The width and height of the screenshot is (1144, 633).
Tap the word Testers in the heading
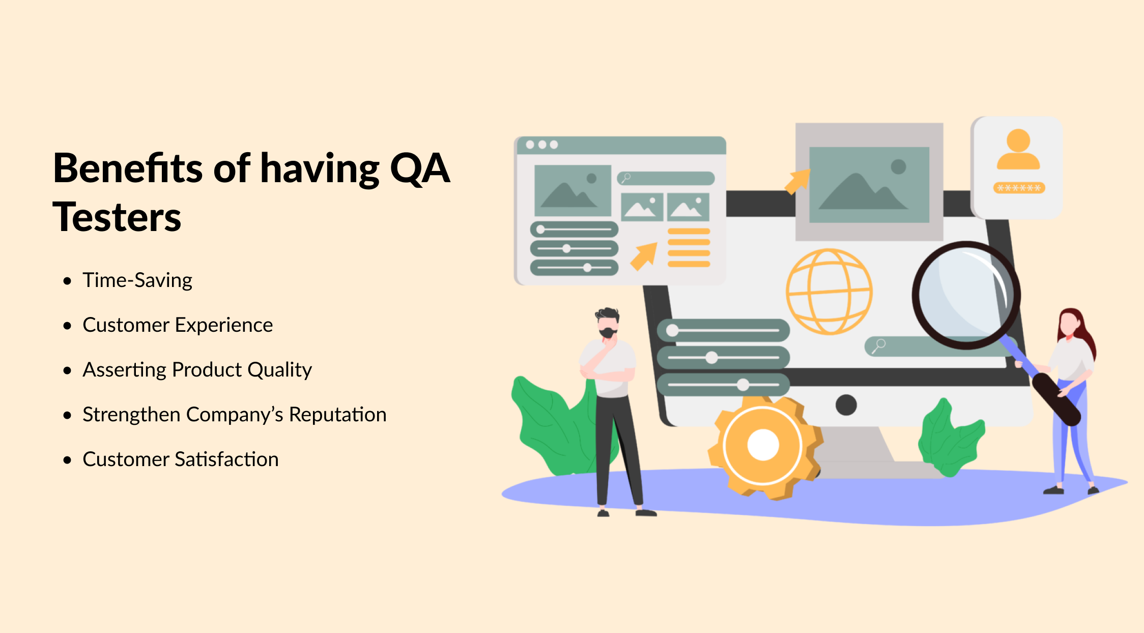tap(117, 217)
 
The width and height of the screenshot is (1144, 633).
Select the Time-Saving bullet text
tap(137, 280)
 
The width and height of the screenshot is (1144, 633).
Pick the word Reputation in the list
tap(338, 415)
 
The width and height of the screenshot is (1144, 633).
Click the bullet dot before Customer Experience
tap(67, 326)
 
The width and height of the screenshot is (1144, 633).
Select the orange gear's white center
tap(763, 445)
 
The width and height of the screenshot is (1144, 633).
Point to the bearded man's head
tap(608, 323)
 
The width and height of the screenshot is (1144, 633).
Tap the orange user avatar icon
tap(1018, 149)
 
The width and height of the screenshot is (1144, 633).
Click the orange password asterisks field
tap(1019, 188)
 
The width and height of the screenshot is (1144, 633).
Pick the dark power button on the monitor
tap(846, 405)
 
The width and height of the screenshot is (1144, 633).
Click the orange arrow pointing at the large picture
tap(798, 182)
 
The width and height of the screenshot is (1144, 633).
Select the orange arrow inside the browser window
tap(644, 256)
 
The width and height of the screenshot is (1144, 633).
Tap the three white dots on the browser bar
tap(541, 145)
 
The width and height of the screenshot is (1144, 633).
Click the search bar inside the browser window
tap(666, 178)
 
